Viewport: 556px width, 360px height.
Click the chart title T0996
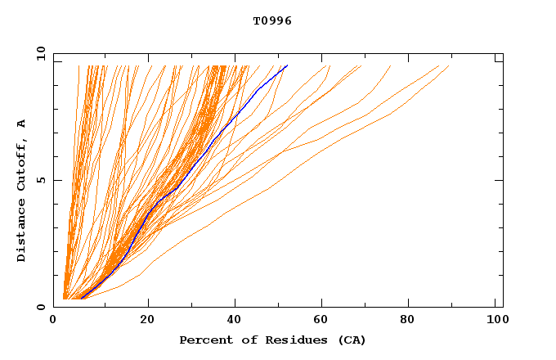pos(272,20)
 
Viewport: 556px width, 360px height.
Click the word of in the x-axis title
pos(244,340)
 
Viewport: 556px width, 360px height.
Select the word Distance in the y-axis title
pos(22,232)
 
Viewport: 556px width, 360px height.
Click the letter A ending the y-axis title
pos(22,124)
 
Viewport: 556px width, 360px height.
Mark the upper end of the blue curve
pos(287,65)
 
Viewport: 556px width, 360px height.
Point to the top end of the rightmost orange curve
pos(449,66)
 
